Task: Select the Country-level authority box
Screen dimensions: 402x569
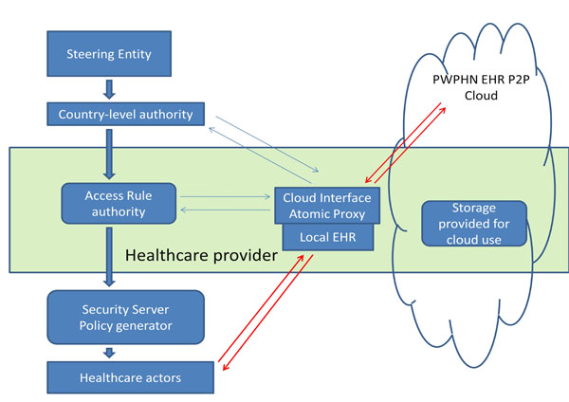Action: click(x=125, y=115)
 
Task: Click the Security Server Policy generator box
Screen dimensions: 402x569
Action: click(x=125, y=318)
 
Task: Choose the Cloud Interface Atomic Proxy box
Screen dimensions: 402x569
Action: click(x=326, y=206)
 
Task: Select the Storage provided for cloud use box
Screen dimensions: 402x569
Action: click(x=473, y=223)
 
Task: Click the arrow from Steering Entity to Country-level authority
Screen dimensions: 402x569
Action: click(x=111, y=90)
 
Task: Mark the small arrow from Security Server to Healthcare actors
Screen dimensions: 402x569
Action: click(x=111, y=354)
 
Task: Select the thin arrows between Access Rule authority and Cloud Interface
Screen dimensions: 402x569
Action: click(x=227, y=205)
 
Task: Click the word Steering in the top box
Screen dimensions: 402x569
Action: click(x=89, y=54)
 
